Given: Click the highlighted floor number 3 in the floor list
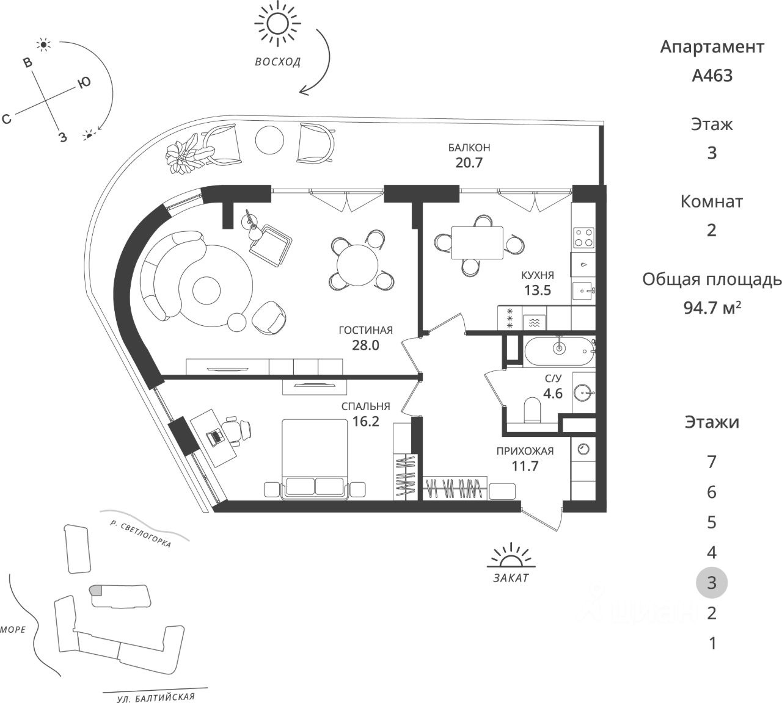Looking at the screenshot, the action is click(712, 582).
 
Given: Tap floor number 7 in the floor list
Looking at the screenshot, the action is click(712, 462).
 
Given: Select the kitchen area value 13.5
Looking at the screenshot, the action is click(538, 290).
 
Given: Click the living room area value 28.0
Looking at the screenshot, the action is click(366, 345).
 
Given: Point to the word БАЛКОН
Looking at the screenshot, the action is click(469, 148).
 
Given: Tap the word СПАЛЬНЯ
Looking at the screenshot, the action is click(365, 406).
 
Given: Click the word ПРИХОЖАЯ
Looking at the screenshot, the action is click(525, 452).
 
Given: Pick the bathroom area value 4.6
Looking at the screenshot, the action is click(553, 393).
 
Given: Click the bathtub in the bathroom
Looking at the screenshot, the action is click(558, 348).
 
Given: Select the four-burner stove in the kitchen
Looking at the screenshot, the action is click(583, 237).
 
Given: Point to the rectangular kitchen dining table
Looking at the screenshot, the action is click(477, 242).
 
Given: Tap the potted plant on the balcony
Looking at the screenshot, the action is click(186, 154).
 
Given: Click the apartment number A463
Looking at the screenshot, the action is click(712, 76).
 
